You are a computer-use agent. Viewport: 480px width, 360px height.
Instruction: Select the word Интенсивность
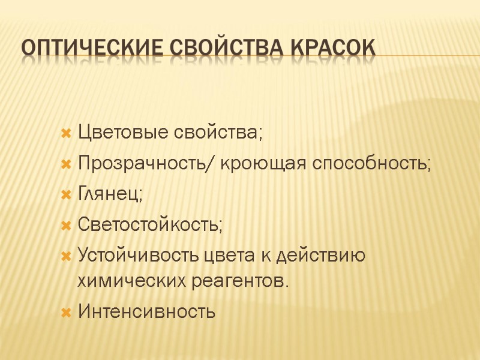point(146,311)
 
